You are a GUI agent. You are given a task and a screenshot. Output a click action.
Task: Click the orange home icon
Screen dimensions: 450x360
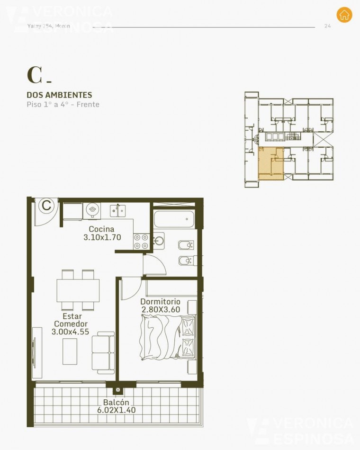(344, 15)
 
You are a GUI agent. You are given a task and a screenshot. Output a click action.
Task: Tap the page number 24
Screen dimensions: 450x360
(327, 26)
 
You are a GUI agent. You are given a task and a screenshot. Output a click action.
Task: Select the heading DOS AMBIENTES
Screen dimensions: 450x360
(59, 95)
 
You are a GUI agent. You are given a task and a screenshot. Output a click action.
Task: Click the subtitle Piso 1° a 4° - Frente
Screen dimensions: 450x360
(63, 104)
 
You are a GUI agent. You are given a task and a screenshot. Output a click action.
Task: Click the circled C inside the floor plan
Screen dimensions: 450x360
(46, 206)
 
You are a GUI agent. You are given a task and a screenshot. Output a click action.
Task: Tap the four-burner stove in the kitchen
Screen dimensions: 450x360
(141, 241)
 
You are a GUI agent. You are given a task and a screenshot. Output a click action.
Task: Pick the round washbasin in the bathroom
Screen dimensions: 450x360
(159, 241)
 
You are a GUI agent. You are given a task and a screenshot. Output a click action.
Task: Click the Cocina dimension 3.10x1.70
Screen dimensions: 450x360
(102, 238)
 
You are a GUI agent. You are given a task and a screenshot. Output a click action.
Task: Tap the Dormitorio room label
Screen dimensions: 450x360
(161, 301)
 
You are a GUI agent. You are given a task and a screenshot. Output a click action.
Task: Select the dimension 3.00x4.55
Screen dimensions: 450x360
(70, 332)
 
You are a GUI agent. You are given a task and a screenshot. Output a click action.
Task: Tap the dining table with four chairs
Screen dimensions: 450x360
(78, 288)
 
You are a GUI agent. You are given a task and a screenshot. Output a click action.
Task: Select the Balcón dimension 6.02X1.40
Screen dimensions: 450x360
(116, 410)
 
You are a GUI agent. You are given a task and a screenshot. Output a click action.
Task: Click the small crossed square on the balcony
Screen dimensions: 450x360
(117, 391)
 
